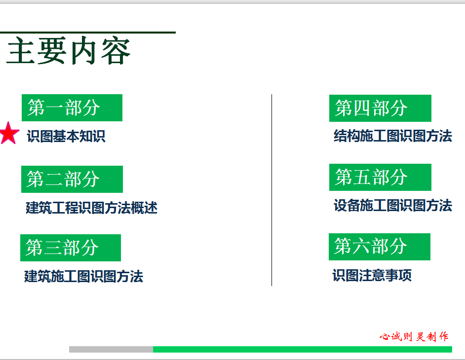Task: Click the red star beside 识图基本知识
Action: coord(9,133)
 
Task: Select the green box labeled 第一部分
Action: coord(72,108)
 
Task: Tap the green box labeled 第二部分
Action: coord(72,179)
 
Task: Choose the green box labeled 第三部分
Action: coord(71,248)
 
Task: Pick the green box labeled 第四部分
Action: coord(380,108)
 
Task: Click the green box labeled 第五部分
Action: coord(380,177)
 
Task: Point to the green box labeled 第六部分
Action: coord(380,247)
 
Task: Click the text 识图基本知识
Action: coord(66,136)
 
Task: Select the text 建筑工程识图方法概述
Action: coord(92,208)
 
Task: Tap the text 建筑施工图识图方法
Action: coord(83,277)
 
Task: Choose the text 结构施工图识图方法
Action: coord(393,136)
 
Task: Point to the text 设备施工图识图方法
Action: coord(393,205)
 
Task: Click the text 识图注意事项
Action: coord(372,275)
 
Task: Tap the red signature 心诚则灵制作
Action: coord(414,337)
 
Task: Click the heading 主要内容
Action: coord(69,51)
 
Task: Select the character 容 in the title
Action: coord(116,51)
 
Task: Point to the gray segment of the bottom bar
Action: coord(111,349)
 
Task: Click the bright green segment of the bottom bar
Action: coord(303,349)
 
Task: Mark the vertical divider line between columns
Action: coord(271,190)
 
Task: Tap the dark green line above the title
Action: coord(88,33)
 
